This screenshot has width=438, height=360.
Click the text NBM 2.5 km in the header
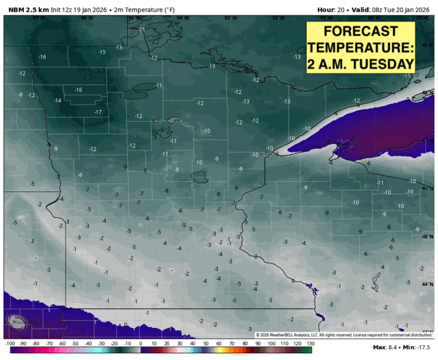pyautogui.click(x=26, y=9)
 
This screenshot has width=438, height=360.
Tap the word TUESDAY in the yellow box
pyautogui.click(x=382, y=63)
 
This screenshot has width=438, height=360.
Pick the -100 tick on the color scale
pyautogui.click(x=10, y=343)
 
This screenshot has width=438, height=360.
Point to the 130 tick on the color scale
pyautogui.click(x=310, y=343)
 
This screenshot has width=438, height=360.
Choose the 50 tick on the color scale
pyautogui.click(x=206, y=343)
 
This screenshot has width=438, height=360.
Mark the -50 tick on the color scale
pyautogui.click(x=75, y=343)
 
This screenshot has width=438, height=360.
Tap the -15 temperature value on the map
pyautogui.click(x=102, y=52)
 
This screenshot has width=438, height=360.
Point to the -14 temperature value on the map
pyautogui.click(x=57, y=100)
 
